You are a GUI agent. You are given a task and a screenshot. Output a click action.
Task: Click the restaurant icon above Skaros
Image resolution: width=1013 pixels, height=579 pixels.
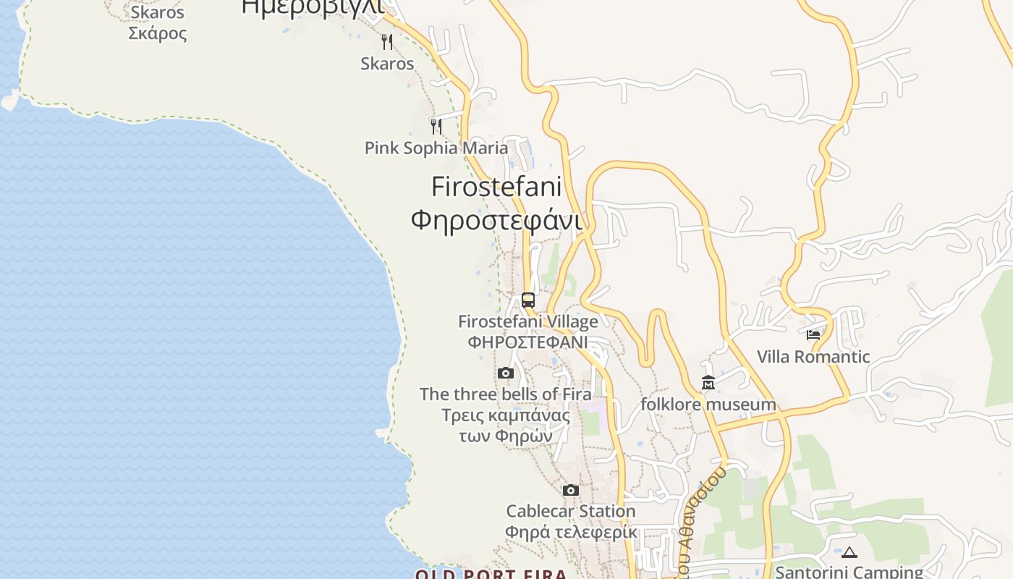387,42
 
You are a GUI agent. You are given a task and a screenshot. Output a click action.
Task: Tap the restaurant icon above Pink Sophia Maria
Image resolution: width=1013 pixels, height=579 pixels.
436,127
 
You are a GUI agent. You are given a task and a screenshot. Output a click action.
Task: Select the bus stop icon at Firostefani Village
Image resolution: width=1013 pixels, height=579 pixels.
528,300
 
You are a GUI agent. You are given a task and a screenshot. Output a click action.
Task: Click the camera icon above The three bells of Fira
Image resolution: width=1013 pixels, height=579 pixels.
506,373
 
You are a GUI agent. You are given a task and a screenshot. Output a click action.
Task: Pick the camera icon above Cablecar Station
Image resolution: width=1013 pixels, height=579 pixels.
571,491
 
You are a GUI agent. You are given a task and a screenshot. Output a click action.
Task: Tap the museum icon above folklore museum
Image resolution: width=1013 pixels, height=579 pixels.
708,383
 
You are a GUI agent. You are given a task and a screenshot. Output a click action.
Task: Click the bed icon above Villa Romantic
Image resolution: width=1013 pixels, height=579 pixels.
813,335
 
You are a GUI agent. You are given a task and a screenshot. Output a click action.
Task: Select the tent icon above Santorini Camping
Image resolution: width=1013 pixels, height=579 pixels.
849,552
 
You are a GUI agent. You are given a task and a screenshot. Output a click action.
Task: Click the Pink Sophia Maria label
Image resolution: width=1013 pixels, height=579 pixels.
436,148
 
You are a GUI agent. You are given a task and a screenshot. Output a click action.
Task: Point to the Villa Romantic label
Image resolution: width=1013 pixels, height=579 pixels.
813,357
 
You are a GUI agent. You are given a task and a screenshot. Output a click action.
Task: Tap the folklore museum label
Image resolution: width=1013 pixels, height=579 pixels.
708,405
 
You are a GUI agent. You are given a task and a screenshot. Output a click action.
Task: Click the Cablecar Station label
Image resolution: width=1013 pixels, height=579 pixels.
571,512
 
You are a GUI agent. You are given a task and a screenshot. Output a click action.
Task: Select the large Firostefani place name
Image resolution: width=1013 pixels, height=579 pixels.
496,187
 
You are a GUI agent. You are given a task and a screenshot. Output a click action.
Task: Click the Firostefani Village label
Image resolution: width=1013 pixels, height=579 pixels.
528,321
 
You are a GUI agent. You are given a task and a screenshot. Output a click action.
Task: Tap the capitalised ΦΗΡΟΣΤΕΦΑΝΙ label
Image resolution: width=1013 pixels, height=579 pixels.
528,342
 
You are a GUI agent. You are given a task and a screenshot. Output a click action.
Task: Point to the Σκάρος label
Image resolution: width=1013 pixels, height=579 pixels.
158,33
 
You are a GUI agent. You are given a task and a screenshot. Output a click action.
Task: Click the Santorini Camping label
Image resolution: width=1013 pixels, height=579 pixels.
849,572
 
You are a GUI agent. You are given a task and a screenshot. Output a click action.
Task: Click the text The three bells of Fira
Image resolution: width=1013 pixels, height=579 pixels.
506,394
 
